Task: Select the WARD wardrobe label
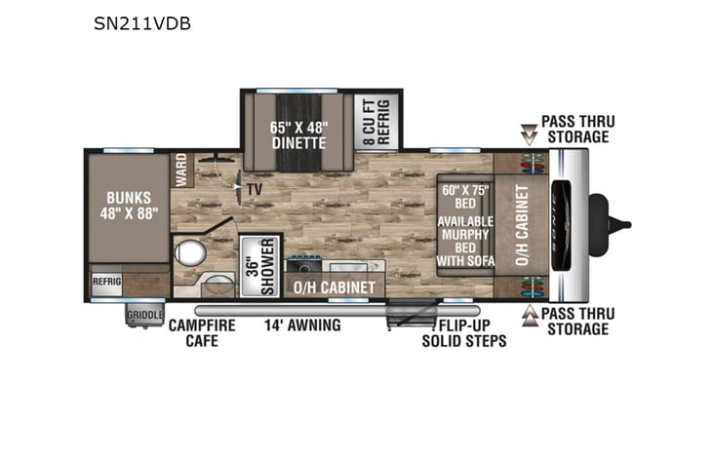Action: pos(180,170)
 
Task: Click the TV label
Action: pos(255,189)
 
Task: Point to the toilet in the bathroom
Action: pos(188,256)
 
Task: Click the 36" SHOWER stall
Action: pos(259,258)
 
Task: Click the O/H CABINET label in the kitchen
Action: pos(335,287)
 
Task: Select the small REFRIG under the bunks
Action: pos(107,280)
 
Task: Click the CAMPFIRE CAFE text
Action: pos(202,332)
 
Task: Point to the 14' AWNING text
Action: pos(303,324)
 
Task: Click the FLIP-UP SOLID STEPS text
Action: pos(464,332)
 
